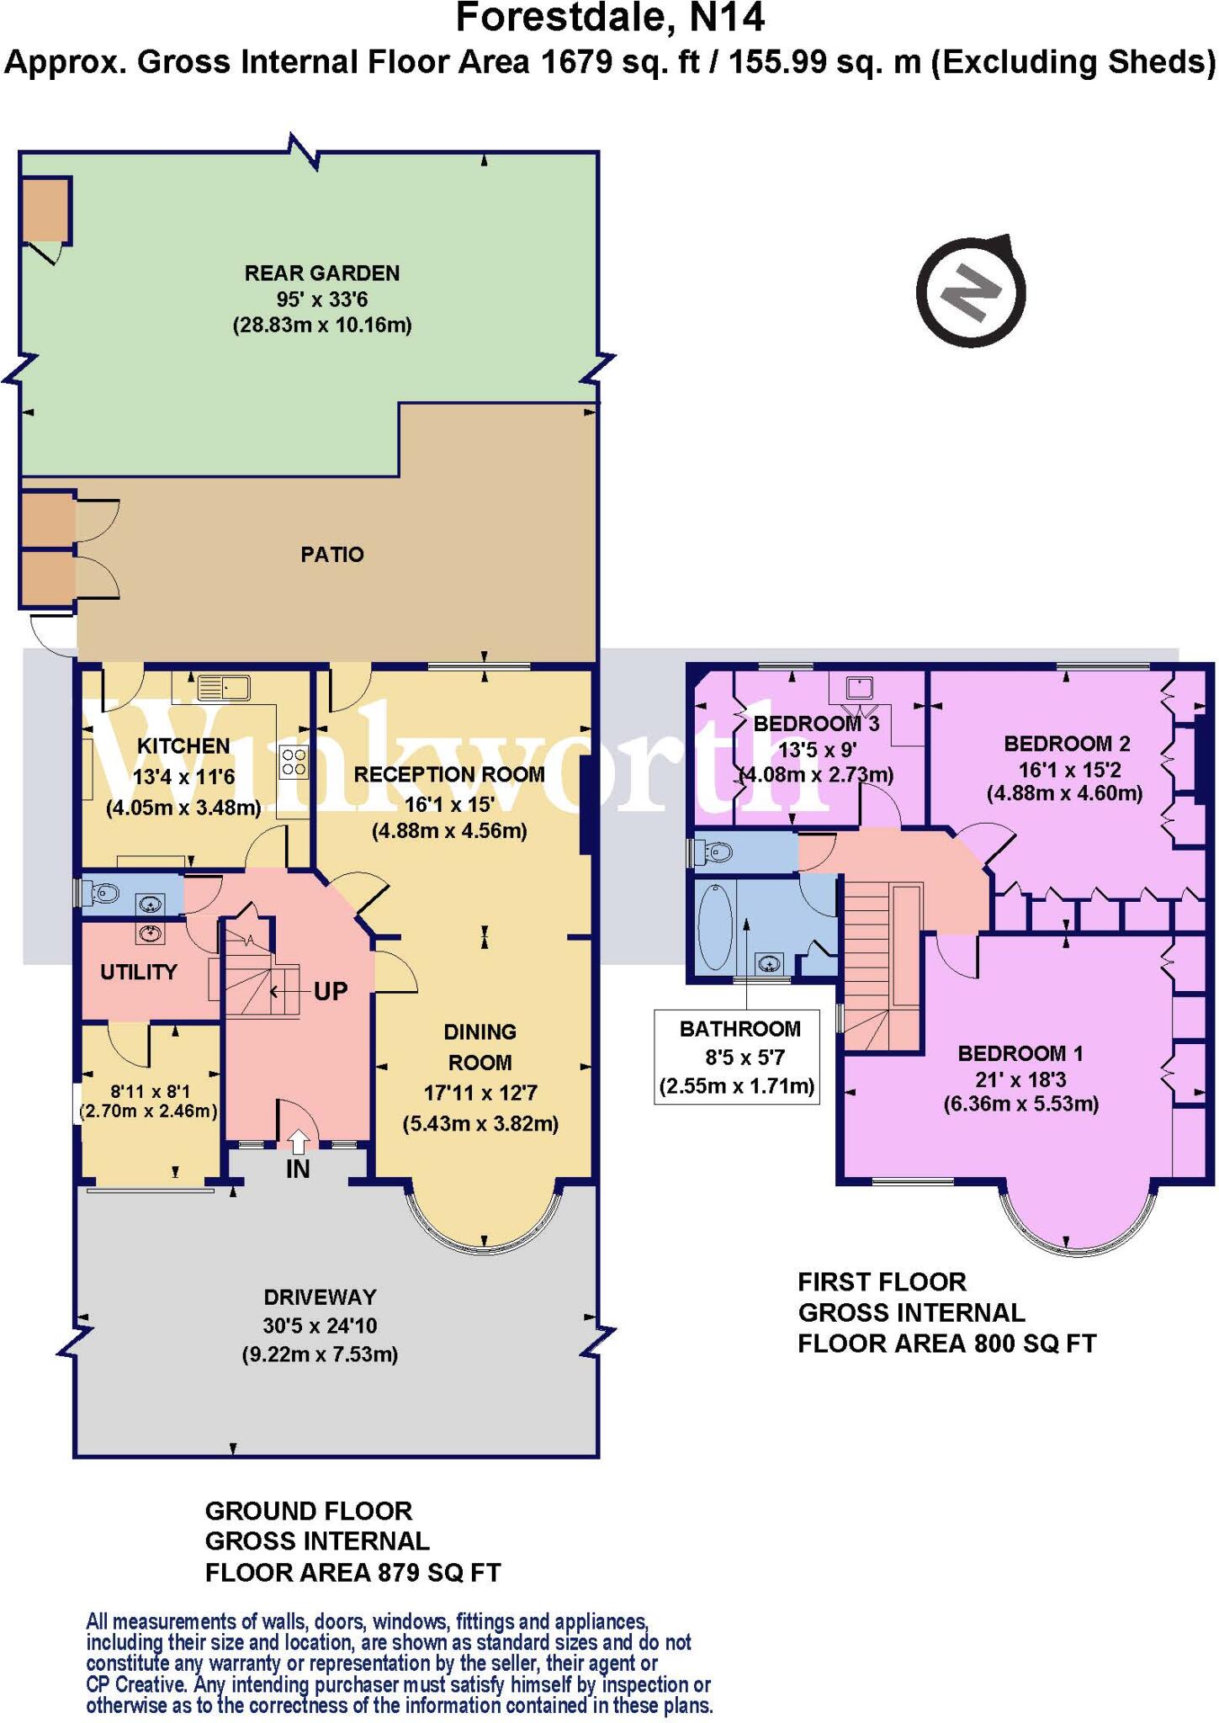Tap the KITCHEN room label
click(x=183, y=746)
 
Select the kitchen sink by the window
click(x=224, y=689)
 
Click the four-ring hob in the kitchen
click(x=294, y=762)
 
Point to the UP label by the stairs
click(x=331, y=991)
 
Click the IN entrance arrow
click(x=298, y=1142)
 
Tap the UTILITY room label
click(x=139, y=972)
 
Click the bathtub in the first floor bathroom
click(x=717, y=927)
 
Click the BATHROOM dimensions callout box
click(x=737, y=1057)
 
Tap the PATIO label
click(x=332, y=554)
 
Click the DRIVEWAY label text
click(x=320, y=1297)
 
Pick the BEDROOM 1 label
click(x=1020, y=1053)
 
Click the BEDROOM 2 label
click(x=1067, y=744)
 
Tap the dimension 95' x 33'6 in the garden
click(x=322, y=300)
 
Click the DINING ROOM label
click(x=480, y=1047)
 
